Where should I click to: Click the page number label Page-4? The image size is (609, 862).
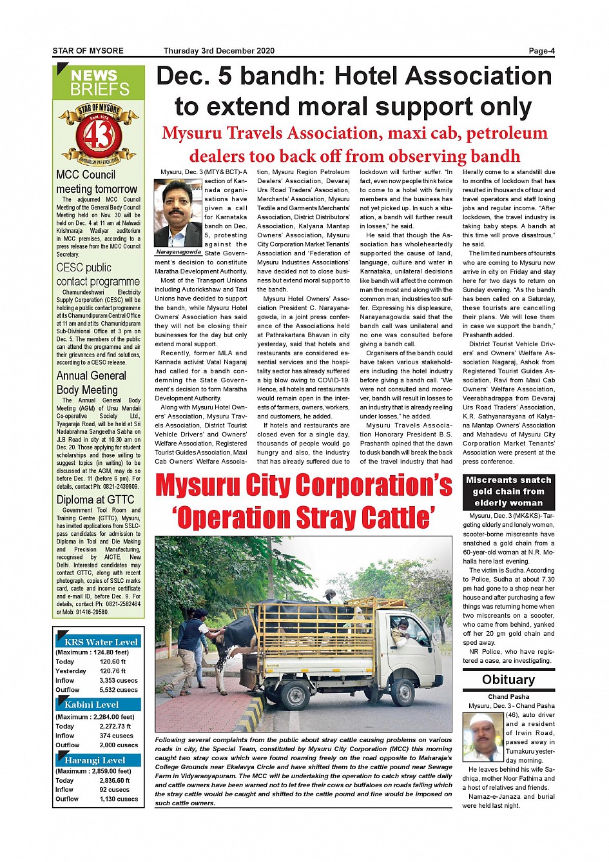click(x=541, y=51)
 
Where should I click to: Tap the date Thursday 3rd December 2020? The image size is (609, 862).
click(x=218, y=51)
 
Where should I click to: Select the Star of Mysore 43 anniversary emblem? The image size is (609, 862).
click(x=99, y=133)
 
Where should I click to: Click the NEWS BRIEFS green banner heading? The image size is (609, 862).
click(x=99, y=83)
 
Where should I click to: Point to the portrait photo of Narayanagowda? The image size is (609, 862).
click(x=179, y=213)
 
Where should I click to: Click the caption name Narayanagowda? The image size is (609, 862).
click(x=179, y=252)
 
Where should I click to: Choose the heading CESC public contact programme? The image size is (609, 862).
click(x=98, y=275)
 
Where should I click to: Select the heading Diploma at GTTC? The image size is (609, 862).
click(x=95, y=500)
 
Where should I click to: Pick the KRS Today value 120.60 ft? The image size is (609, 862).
click(x=113, y=661)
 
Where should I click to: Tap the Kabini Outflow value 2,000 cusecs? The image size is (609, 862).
click(x=119, y=745)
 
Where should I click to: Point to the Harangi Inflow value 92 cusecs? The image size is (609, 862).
click(x=114, y=789)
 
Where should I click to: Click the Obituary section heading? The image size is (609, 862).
click(x=508, y=680)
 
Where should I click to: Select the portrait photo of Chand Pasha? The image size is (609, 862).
click(x=483, y=737)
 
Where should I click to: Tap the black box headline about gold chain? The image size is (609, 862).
click(x=508, y=491)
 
